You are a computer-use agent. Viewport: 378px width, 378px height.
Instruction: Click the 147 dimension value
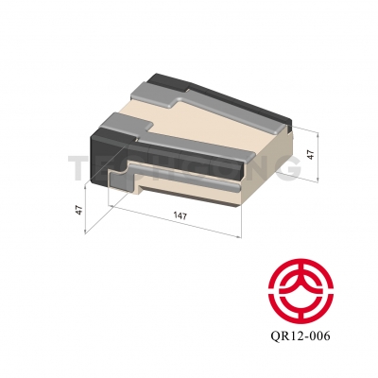(x=180, y=216)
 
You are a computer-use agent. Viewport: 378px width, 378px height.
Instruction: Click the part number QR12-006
(x=301, y=335)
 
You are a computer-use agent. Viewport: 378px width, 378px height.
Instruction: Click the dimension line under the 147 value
(x=180, y=225)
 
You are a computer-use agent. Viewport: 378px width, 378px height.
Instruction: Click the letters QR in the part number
(x=279, y=335)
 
